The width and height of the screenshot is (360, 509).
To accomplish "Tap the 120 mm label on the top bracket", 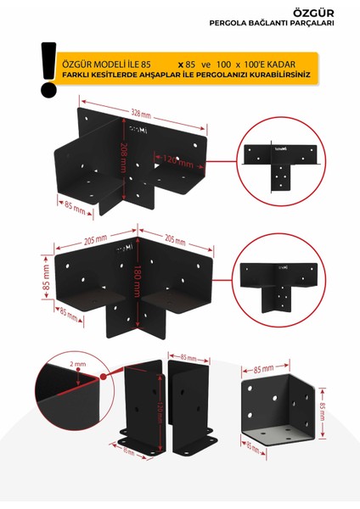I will click(173, 159).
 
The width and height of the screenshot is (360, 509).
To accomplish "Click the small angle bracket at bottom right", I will click(274, 410).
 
